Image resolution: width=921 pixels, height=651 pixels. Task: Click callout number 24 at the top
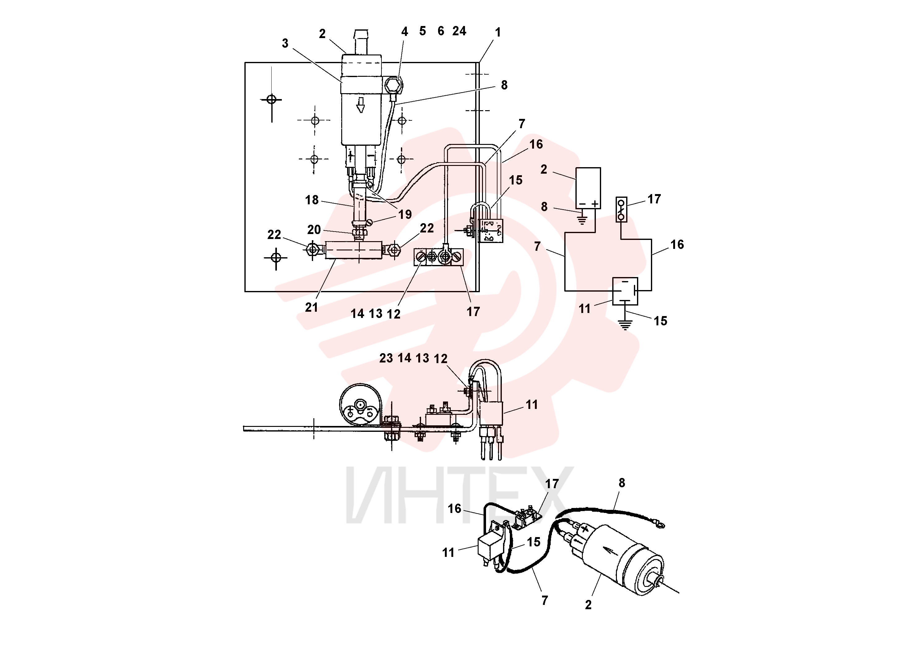[459, 31]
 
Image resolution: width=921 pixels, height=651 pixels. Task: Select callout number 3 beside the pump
[285, 43]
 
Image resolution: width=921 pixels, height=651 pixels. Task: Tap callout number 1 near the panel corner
[498, 33]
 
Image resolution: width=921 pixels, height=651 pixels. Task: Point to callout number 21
[311, 307]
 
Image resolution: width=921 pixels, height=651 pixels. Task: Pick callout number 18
[312, 200]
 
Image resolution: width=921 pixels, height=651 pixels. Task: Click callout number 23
[386, 358]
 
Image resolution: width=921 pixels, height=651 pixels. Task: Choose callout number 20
[314, 230]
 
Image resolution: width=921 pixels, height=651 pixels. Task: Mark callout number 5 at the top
[422, 31]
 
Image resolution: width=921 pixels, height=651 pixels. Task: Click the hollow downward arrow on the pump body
[361, 105]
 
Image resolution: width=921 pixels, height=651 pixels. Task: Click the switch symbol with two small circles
[621, 210]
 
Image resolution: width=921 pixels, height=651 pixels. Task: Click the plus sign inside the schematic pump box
[595, 204]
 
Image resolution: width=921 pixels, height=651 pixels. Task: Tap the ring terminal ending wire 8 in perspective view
[659, 523]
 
